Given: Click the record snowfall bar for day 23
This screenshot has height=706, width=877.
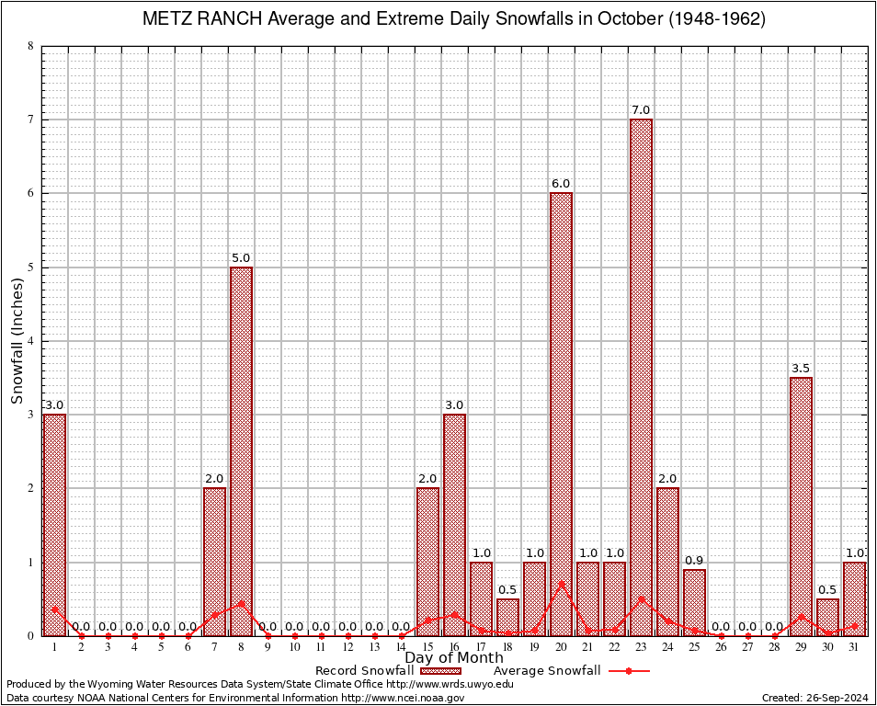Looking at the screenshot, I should [x=642, y=377].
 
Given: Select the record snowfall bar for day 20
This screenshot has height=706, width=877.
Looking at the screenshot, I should [x=562, y=414].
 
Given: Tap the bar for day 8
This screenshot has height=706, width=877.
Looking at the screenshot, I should [x=242, y=450].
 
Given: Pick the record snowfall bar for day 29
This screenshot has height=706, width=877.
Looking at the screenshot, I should [x=802, y=506].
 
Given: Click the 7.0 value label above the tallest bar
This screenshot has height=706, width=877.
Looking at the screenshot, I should [x=642, y=110].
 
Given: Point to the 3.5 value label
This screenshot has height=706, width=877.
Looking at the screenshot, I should [x=802, y=369].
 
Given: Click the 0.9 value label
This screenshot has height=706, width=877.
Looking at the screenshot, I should [x=695, y=561].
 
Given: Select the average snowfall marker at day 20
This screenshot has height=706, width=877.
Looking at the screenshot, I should [x=562, y=584].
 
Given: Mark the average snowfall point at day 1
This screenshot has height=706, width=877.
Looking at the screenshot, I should [x=55, y=609].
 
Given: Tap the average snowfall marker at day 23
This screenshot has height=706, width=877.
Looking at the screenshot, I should [x=642, y=598].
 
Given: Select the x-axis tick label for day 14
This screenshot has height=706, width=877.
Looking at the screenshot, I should [x=402, y=647].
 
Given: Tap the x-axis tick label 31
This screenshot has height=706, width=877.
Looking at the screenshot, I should [x=855, y=647].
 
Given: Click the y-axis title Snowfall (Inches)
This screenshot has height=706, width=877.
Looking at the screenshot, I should [x=17, y=340].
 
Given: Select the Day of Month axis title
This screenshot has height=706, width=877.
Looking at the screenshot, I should [x=454, y=658].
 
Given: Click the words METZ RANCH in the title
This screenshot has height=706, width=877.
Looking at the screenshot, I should [x=199, y=19].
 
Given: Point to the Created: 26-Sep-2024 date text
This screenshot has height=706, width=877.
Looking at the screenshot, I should [x=814, y=698].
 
